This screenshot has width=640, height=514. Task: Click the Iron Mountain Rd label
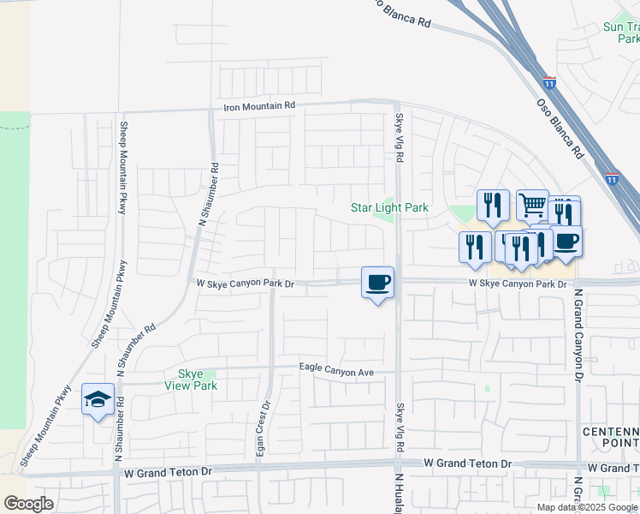[x=258, y=105]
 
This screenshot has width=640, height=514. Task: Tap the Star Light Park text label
[x=389, y=208]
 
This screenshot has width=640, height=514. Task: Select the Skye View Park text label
[x=191, y=380]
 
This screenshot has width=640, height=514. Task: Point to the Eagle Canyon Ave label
[x=337, y=368]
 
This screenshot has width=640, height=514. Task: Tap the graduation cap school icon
[x=98, y=399]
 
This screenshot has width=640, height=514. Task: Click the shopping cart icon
[x=532, y=204]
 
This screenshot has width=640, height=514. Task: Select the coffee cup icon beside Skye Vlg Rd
[x=378, y=282]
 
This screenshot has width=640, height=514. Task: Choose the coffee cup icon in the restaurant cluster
[x=566, y=241]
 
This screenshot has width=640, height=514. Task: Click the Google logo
[x=28, y=504]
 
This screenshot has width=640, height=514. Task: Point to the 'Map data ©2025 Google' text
[x=587, y=507]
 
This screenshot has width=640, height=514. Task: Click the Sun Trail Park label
[x=621, y=33]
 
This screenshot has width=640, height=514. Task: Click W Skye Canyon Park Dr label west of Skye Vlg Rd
[x=245, y=283]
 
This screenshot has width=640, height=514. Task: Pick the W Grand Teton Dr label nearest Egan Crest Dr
[x=167, y=472]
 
